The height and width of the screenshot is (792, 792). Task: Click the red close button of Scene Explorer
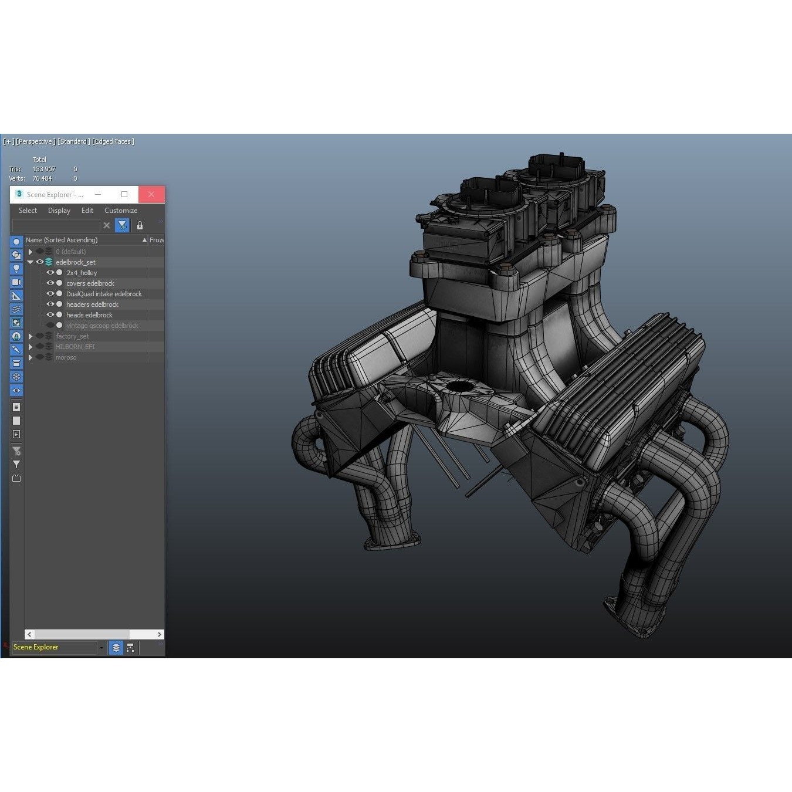[x=151, y=194]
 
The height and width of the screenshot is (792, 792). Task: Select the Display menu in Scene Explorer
[x=59, y=211]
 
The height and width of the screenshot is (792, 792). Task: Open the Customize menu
[x=121, y=211]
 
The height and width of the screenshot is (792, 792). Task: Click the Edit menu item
[x=87, y=211]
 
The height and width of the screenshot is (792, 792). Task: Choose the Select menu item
[x=28, y=211]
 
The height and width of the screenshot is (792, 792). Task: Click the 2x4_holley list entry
[x=82, y=273]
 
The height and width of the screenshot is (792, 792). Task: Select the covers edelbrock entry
[x=90, y=283]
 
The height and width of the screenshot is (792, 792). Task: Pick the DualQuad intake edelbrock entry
[x=104, y=294]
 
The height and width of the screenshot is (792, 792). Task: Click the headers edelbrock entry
[x=92, y=304]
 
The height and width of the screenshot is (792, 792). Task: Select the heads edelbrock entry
[x=89, y=315]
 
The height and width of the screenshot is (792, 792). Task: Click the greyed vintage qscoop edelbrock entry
[x=102, y=326]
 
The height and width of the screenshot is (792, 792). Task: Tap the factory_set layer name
[x=72, y=336]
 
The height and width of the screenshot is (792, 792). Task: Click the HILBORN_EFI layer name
[x=75, y=347]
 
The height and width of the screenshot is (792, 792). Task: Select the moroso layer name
[x=66, y=357]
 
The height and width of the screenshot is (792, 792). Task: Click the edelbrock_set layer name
[x=76, y=262]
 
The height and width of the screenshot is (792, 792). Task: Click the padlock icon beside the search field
[x=140, y=225]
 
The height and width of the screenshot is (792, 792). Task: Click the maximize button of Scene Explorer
[x=124, y=194]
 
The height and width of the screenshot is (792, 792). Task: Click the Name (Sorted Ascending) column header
[x=62, y=240]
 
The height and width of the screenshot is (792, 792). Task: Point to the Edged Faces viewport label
[x=113, y=141]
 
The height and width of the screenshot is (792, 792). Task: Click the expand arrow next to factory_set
[x=31, y=336]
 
